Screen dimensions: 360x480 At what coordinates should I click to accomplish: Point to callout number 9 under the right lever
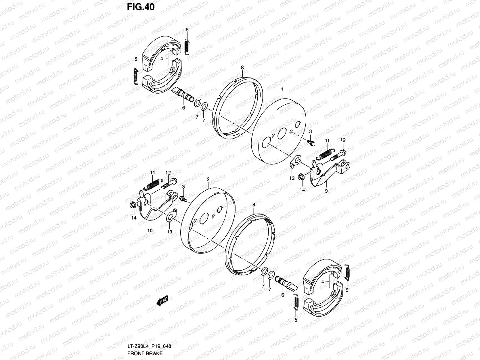[326, 191]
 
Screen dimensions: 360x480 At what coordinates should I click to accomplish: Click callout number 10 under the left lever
[150, 230]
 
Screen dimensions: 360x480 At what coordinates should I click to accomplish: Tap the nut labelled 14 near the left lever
[132, 205]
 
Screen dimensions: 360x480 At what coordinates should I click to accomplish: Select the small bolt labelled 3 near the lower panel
[183, 198]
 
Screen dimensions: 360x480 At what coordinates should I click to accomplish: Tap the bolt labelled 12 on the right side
[337, 154]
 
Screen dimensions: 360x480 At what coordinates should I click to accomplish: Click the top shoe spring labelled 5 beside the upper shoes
[187, 47]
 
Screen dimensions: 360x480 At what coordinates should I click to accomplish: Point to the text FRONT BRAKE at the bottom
[145, 353]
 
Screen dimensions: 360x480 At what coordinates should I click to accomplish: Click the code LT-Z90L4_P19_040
[149, 346]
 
